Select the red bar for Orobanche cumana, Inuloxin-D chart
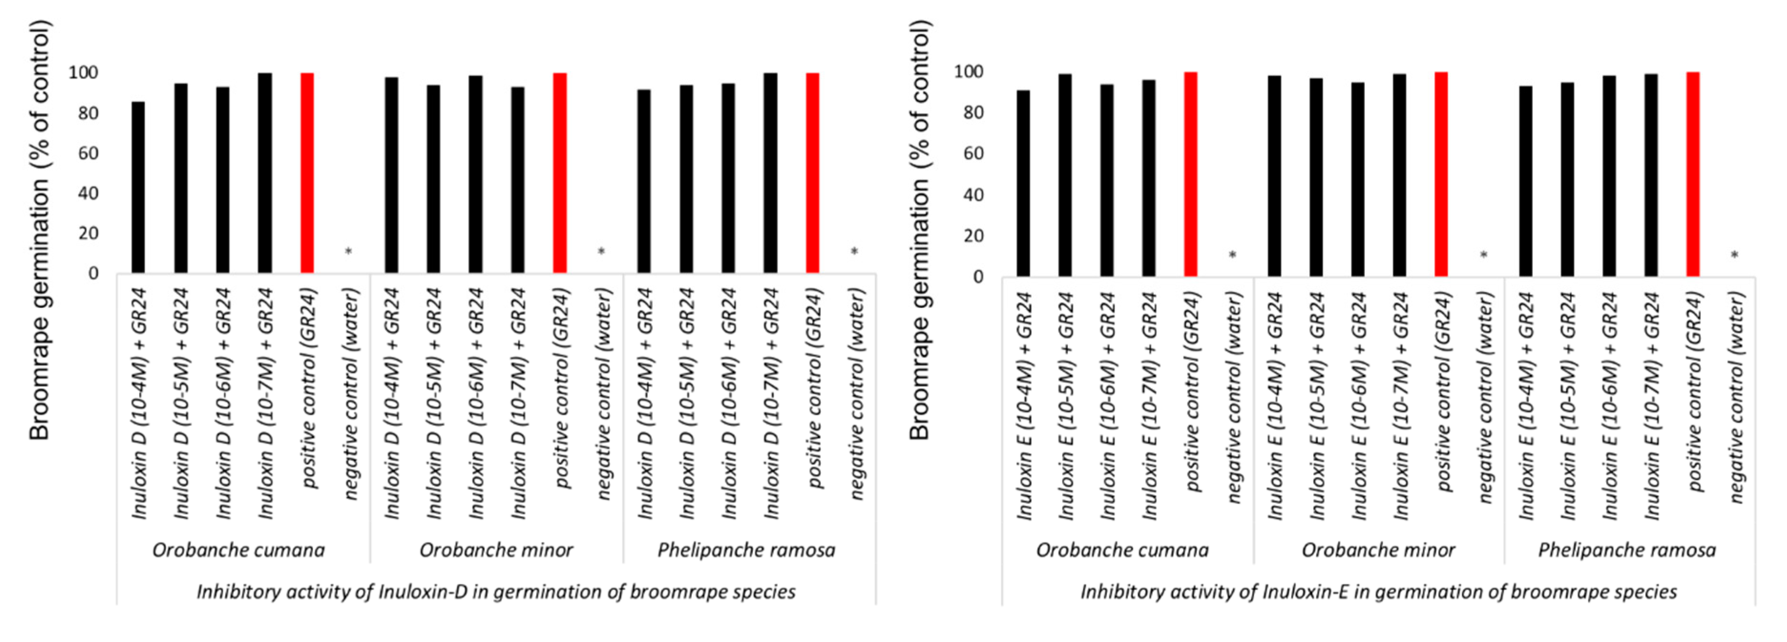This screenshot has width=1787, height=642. [307, 174]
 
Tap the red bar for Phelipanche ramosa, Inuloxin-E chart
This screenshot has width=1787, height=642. [1692, 174]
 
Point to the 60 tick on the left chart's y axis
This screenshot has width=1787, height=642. [88, 153]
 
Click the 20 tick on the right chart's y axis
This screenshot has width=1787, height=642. [973, 235]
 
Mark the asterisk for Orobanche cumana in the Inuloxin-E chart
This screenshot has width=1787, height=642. [1232, 255]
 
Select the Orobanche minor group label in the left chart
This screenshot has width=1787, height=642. [496, 550]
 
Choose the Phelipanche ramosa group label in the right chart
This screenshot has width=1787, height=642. [1627, 550]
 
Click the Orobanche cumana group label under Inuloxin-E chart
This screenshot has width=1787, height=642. [1122, 550]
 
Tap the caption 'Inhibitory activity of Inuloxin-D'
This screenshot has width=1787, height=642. [496, 592]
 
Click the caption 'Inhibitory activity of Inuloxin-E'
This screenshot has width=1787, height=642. [1379, 592]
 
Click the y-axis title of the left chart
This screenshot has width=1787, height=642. [40, 229]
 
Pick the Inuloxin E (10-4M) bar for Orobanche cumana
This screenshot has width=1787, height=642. [1023, 183]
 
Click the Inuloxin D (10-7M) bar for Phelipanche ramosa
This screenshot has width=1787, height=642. [770, 174]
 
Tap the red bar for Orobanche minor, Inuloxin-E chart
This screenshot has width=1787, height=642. [1441, 174]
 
